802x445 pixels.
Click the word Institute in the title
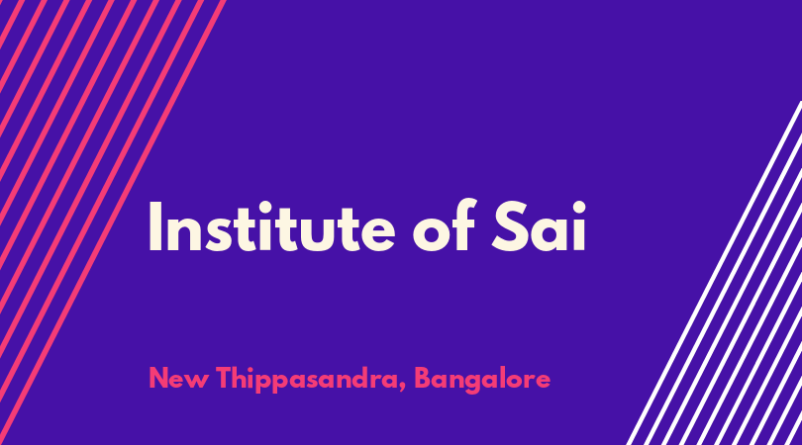[x=271, y=226]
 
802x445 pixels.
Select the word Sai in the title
[x=539, y=226]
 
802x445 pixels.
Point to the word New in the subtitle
[x=178, y=379]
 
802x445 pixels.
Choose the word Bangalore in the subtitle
[x=482, y=380]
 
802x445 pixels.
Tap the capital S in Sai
[x=510, y=226]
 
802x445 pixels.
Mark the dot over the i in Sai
[x=578, y=208]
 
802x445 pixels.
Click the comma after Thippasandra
[x=403, y=387]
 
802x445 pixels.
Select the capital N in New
[x=158, y=378]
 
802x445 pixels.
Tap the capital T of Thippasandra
[x=224, y=378]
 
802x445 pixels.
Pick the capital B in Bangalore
[x=423, y=378]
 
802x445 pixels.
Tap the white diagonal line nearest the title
[x=714, y=273]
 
